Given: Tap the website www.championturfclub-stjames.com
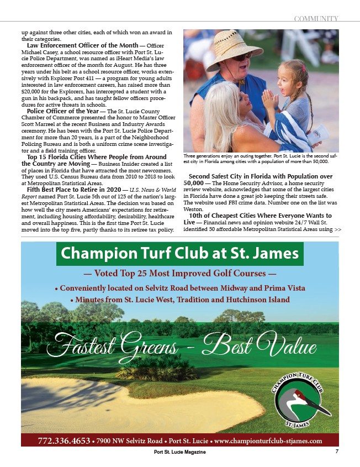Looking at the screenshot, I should pos(268,440).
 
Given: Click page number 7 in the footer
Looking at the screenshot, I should pos(336,452).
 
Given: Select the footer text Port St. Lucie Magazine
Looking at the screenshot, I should pos(180,453).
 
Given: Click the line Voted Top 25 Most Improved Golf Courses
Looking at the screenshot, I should pos(179,273).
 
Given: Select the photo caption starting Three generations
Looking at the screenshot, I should pos(260,159).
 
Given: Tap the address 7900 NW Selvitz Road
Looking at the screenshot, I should pos(130,440).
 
